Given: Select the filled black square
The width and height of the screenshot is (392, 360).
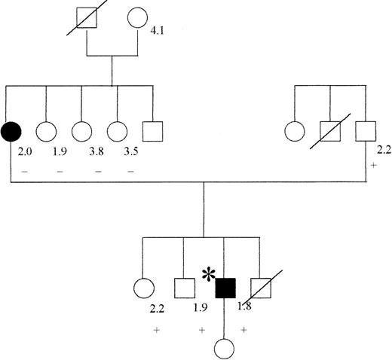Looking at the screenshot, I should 225,287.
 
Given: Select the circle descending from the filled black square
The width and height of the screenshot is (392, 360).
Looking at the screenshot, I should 225,347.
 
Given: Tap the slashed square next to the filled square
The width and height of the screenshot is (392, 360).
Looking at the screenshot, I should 260,287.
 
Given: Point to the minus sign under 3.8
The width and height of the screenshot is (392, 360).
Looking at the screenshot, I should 98,172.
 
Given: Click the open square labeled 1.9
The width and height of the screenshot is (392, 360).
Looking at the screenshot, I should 184,287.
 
